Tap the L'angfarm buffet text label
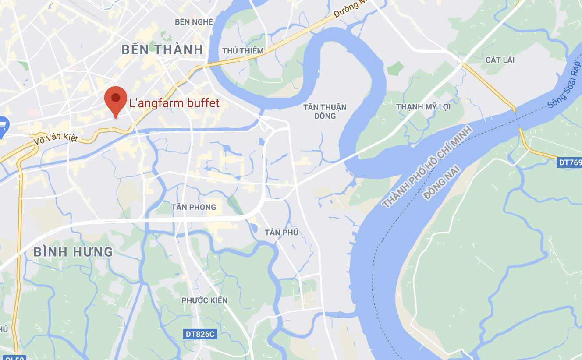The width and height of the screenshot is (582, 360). [174, 103]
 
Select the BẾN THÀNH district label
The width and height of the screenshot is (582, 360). [163, 49]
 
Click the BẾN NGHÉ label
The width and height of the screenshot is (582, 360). [194, 22]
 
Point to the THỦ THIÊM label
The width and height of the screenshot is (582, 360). [243, 51]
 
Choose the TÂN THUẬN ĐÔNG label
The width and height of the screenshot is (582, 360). [325, 112]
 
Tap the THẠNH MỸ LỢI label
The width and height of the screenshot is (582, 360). [423, 107]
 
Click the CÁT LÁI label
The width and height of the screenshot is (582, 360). [500, 60]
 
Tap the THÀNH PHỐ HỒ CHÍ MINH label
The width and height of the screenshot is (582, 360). [427, 166]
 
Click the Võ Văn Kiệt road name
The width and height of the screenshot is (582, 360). [56, 139]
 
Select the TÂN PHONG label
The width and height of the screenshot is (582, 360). [194, 207]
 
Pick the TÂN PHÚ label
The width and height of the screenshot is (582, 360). [281, 232]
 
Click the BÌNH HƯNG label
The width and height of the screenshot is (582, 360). [73, 252]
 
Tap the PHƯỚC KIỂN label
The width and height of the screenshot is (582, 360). [205, 300]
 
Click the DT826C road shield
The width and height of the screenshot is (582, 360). [200, 334]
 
